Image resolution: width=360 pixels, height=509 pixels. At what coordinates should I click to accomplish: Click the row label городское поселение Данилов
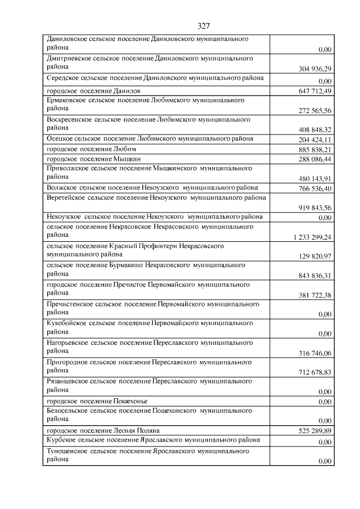pos(93,90)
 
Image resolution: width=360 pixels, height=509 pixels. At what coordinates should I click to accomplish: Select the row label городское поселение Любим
pos(92,149)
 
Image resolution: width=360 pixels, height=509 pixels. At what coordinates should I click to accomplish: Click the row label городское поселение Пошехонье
pos(97,401)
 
